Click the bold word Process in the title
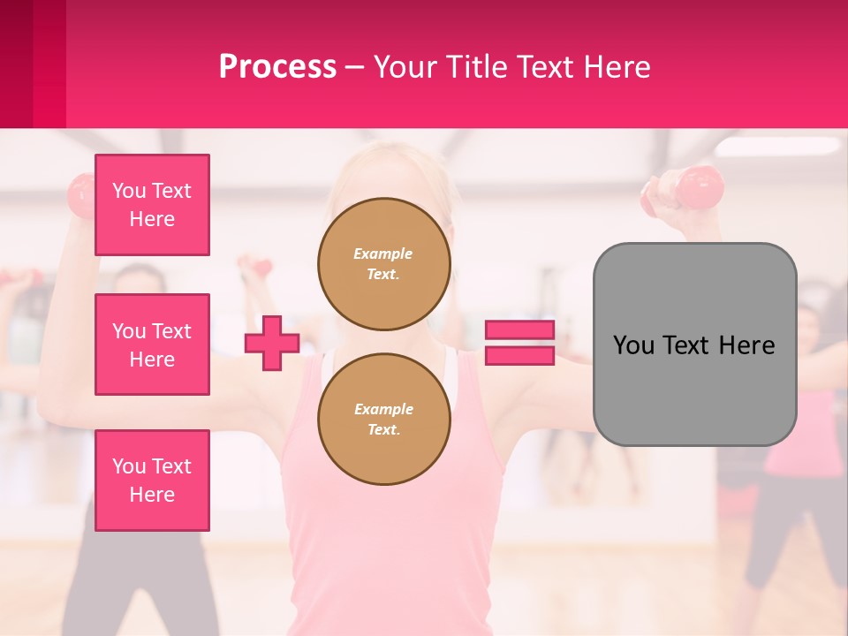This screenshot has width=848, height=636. click(277, 67)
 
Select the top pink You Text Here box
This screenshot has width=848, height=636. click(152, 205)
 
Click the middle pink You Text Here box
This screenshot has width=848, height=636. click(152, 344)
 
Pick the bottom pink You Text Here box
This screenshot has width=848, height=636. click(152, 481)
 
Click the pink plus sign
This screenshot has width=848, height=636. click(272, 343)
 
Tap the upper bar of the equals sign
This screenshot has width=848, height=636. click(519, 329)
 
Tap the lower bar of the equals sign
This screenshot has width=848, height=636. click(519, 356)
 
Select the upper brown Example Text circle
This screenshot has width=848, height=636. click(383, 263)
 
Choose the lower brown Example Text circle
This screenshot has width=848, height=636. click(383, 419)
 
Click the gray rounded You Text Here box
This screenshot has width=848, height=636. click(694, 344)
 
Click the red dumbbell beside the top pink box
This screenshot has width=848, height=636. click(80, 194)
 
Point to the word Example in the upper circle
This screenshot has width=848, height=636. click(382, 254)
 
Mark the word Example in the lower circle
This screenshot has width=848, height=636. click(383, 409)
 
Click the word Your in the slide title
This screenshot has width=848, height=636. click(407, 67)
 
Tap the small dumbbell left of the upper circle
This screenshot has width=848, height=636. click(257, 265)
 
